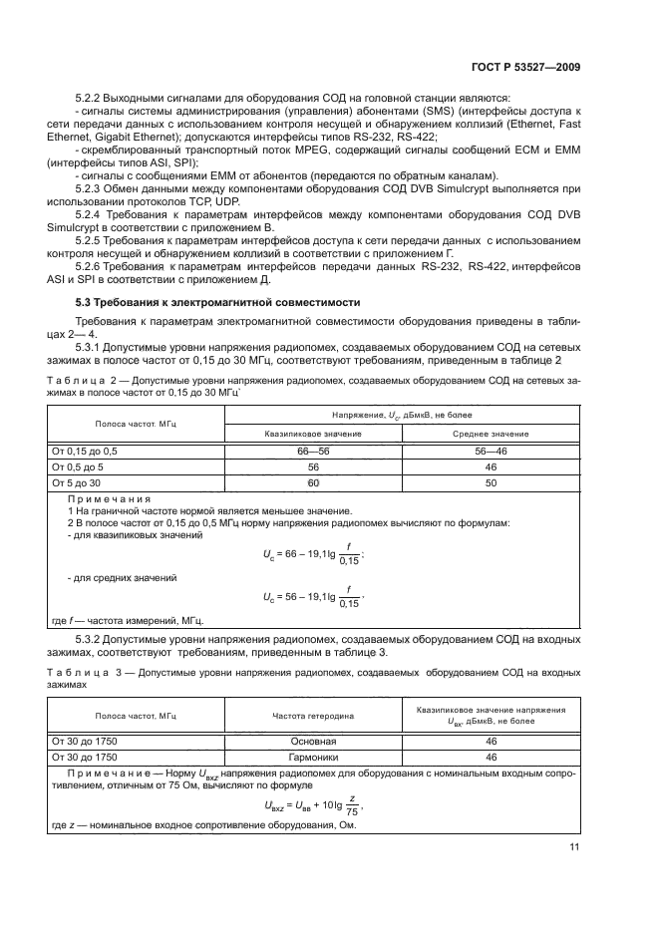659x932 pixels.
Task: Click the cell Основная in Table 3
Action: (313, 742)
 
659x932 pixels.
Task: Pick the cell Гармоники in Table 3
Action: (313, 757)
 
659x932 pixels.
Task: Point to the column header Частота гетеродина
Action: (313, 716)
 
